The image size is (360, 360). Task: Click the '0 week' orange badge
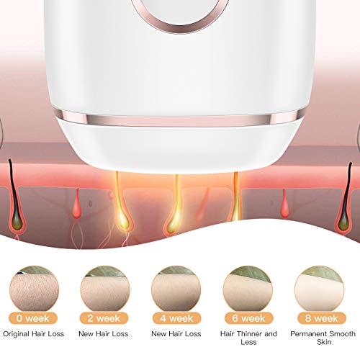coord(33,318)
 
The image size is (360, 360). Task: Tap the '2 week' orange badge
coord(104,318)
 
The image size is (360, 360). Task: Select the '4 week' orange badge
coord(176,318)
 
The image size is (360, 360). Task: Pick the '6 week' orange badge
coord(249,318)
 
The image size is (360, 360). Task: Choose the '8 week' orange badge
coord(322,318)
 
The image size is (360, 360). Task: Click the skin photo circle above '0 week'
coord(34,289)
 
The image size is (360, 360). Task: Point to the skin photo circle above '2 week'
coord(105,289)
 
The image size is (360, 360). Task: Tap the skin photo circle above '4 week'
coord(176,289)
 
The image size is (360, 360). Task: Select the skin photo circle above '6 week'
coord(248,289)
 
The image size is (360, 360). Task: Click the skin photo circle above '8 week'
coord(320,289)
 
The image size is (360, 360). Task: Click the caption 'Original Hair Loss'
coord(34,334)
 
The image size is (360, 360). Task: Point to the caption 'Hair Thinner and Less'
coord(248,338)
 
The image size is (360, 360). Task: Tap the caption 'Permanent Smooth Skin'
coord(323,338)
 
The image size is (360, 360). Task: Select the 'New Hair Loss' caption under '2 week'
coord(104,334)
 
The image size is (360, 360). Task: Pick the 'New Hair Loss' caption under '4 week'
coord(176,334)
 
